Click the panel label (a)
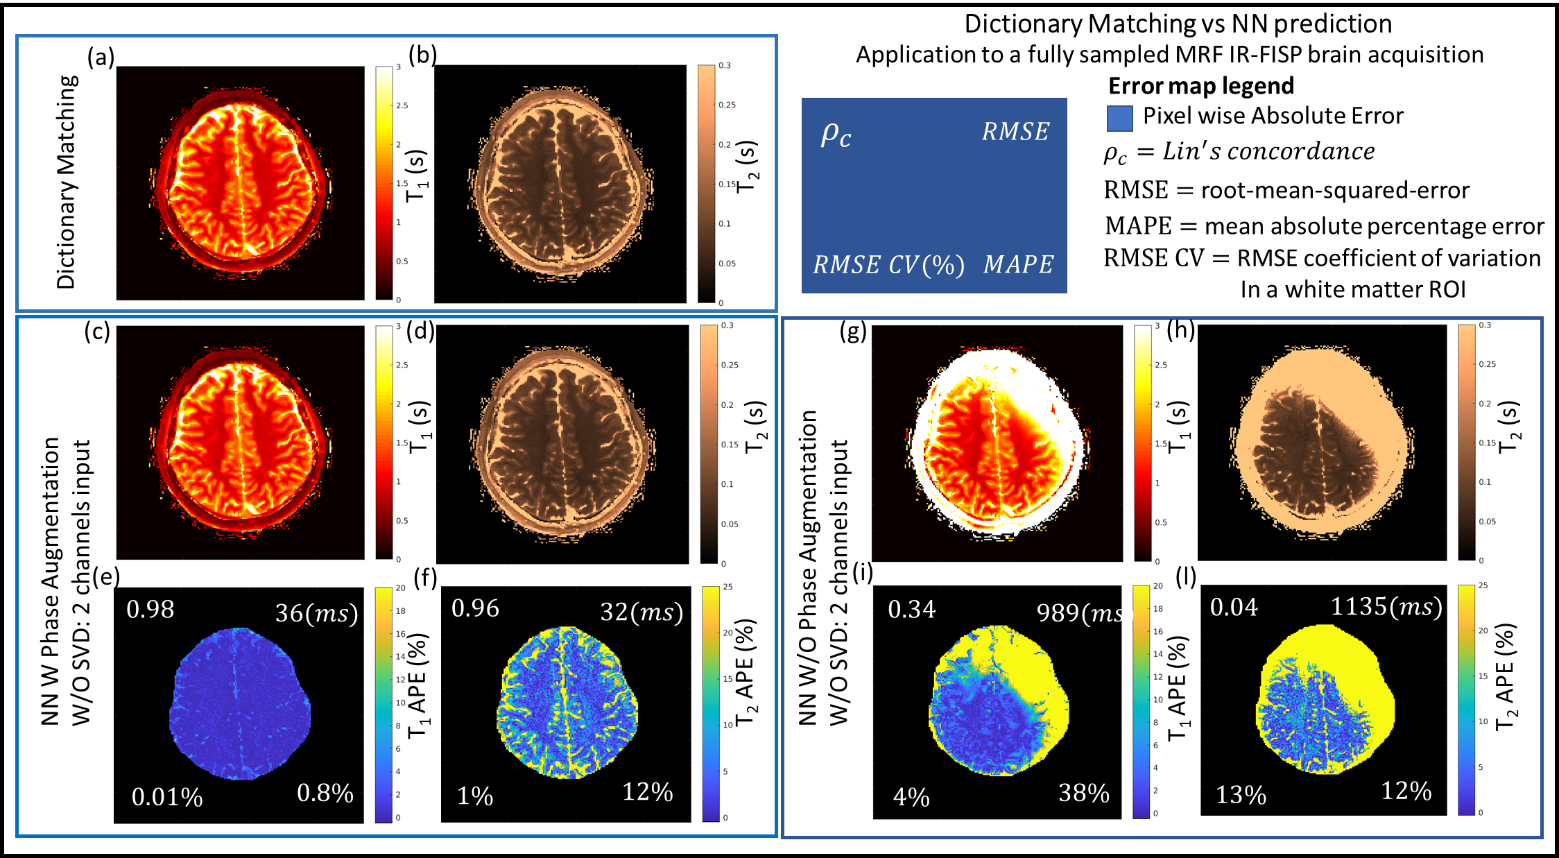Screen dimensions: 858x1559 (101, 57)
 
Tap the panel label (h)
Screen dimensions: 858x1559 (1180, 330)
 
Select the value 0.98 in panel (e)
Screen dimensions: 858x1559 (150, 609)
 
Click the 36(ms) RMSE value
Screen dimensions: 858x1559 (316, 612)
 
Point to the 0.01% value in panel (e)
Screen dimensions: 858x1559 (167, 797)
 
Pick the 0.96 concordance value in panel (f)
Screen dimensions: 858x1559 (475, 608)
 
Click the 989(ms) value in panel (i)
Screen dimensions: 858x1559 (1078, 612)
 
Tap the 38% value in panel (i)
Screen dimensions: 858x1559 (1084, 793)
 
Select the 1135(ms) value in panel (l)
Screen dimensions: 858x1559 (1386, 607)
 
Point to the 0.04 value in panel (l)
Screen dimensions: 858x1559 (1234, 608)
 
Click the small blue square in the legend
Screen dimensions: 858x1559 (1120, 118)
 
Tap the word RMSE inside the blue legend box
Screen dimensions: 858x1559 (1015, 131)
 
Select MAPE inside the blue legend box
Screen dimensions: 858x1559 (1018, 264)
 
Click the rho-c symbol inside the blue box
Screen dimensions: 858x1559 (836, 133)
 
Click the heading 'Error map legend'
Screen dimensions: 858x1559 (1200, 85)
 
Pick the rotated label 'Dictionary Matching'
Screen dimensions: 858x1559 (67, 182)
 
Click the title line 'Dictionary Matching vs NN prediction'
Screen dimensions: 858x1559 (1178, 24)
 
